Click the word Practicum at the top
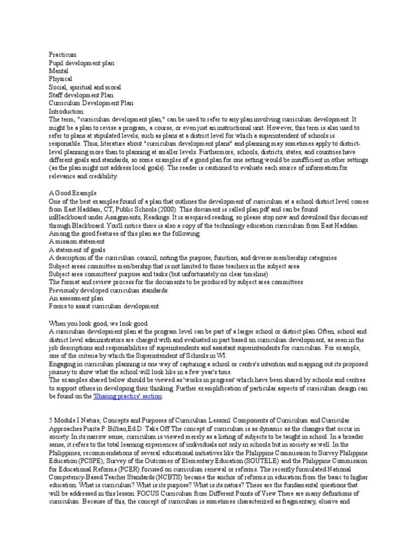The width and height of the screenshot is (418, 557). (63, 55)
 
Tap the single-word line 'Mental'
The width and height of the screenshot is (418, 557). (59, 71)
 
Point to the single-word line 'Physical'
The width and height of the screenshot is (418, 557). (60, 79)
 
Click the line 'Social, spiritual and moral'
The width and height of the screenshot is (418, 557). (85, 87)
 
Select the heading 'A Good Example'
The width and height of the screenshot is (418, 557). (73, 193)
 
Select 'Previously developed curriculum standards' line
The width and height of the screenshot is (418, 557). (108, 290)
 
